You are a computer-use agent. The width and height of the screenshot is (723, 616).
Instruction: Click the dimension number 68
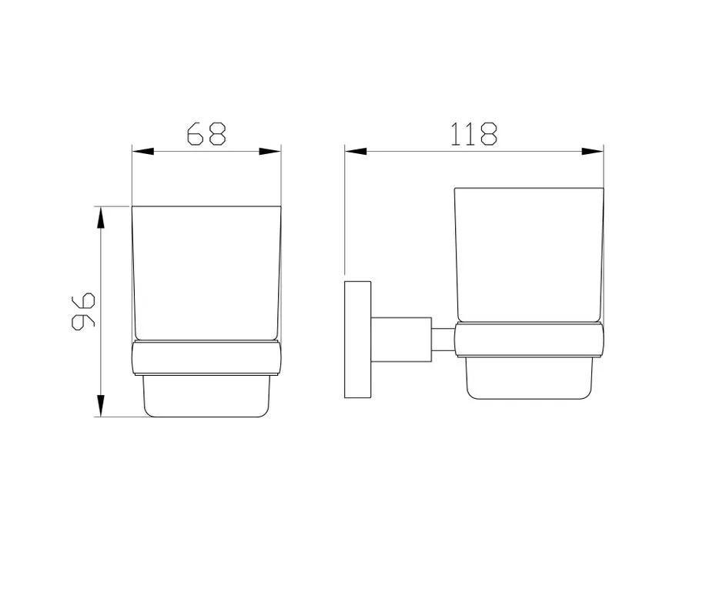pos(206,134)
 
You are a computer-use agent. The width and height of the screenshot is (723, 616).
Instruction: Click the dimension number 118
pos(474,134)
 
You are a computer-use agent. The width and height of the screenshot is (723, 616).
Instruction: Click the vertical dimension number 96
pos(83,311)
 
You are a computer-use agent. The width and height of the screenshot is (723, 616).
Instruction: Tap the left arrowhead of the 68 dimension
pos(143,151)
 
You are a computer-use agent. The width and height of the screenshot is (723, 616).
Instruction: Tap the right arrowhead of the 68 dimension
pos(269,151)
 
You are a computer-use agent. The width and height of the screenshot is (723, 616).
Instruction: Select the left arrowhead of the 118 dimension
pos(356,151)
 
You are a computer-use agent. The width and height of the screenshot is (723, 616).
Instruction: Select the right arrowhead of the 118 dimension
pos(593,151)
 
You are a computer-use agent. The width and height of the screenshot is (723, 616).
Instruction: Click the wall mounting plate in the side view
pos(358,340)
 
